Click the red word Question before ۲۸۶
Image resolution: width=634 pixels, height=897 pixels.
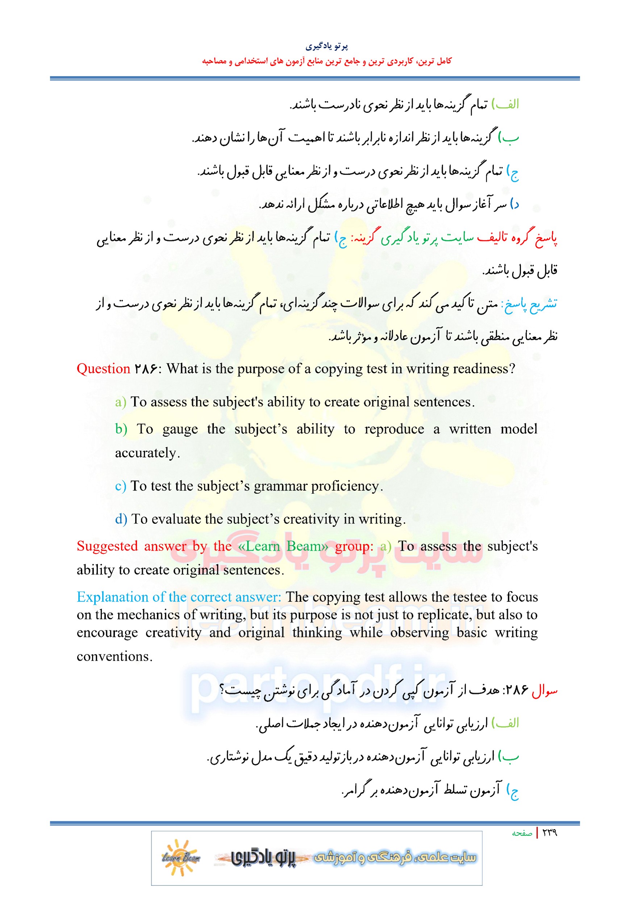pyautogui.click(x=103, y=369)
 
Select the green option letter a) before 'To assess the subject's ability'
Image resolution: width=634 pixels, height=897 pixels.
pyautogui.click(x=120, y=402)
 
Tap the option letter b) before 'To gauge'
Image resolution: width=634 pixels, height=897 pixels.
pyautogui.click(x=121, y=429)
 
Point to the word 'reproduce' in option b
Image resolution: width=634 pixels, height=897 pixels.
pyautogui.click(x=394, y=429)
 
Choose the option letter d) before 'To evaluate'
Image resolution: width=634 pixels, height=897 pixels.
pyautogui.click(x=121, y=519)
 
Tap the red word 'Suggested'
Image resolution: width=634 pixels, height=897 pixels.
pyautogui.click(x=107, y=546)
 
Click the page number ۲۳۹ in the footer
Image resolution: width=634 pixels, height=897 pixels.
pyautogui.click(x=549, y=832)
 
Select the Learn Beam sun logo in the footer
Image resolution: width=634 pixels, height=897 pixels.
pyautogui.click(x=181, y=857)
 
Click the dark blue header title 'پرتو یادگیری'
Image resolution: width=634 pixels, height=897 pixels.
pyautogui.click(x=326, y=46)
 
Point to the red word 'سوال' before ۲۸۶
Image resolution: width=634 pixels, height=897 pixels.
pyautogui.click(x=545, y=691)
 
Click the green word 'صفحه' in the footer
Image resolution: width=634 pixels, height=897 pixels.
pyautogui.click(x=522, y=833)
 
